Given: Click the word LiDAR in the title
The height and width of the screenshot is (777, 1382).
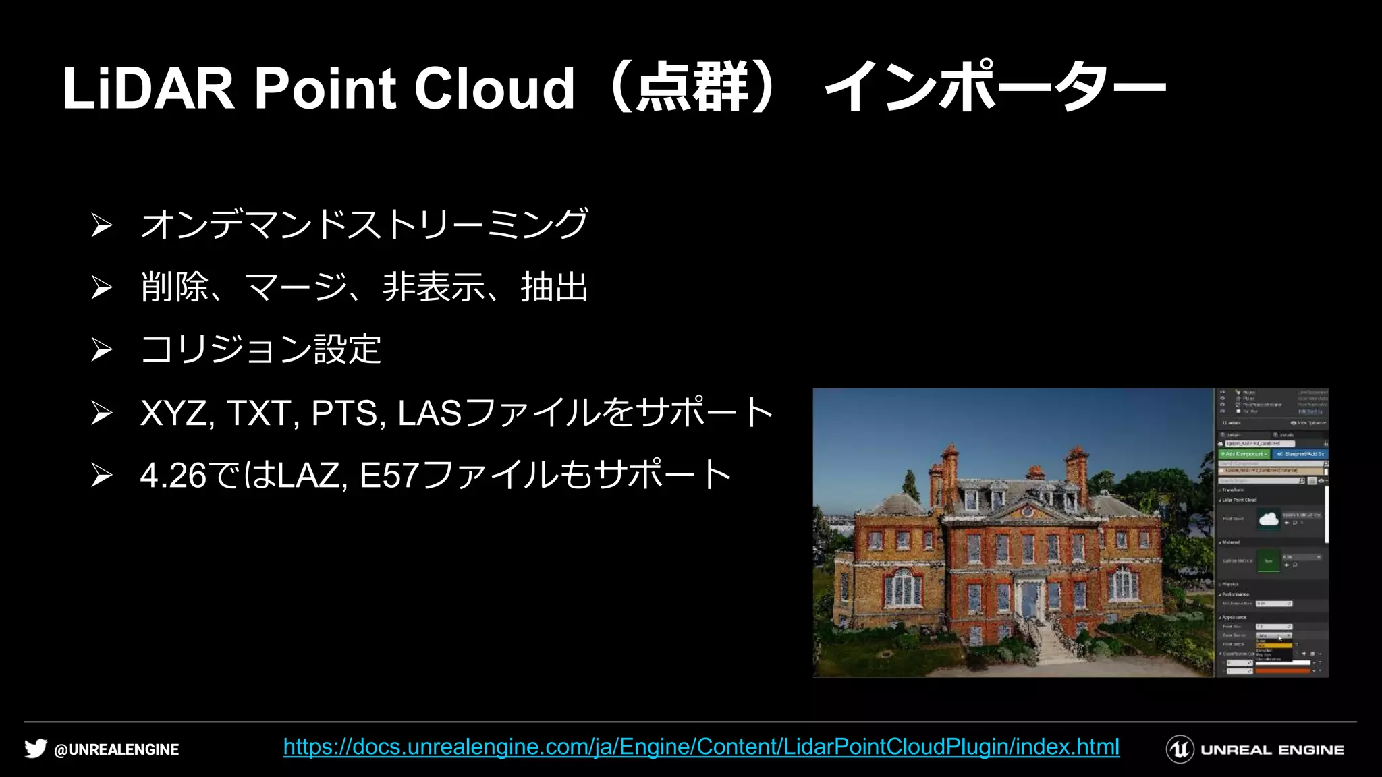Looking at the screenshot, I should click(x=148, y=88).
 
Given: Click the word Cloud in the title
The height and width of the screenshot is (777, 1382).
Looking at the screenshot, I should click(x=494, y=88).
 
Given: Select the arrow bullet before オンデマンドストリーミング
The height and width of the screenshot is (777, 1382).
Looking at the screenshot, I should click(x=101, y=225).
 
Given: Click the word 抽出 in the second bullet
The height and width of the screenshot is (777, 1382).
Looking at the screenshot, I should click(x=554, y=287).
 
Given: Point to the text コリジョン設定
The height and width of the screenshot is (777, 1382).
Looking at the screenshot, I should click(x=260, y=349).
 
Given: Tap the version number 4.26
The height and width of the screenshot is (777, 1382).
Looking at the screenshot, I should click(x=173, y=476).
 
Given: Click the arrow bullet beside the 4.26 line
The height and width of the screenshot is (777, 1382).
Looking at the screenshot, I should click(x=101, y=476).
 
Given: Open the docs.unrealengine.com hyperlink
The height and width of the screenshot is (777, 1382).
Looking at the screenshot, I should click(x=701, y=747).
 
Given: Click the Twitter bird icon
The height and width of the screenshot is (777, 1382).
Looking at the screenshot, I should click(x=36, y=749).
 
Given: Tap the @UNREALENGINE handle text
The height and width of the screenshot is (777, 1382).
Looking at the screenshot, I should click(x=116, y=749).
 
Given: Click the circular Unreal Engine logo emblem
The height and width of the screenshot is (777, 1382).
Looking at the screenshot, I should click(x=1180, y=749).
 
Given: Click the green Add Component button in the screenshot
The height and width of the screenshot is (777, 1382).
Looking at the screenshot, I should click(x=1244, y=454).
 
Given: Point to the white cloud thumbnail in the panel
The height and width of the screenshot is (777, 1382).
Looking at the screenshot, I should click(x=1269, y=519).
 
